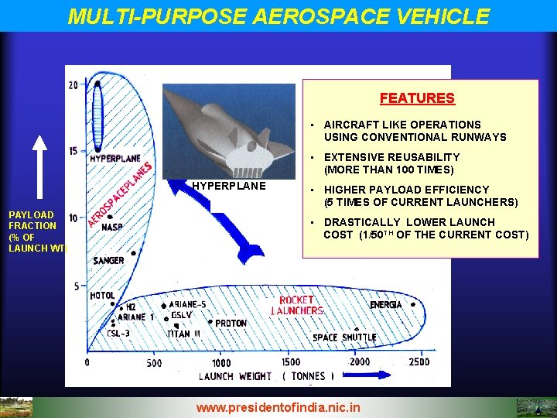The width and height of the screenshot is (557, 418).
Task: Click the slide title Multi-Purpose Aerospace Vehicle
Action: (278, 15)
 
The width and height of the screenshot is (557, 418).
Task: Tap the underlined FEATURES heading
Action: (417, 98)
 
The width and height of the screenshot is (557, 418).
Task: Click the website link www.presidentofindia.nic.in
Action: (278, 406)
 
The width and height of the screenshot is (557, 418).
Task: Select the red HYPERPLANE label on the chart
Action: (115, 159)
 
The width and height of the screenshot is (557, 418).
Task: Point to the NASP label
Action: (112, 228)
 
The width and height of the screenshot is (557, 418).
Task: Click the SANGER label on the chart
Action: (108, 261)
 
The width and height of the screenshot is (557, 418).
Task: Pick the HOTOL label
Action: (102, 296)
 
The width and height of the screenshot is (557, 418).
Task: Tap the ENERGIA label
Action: (385, 305)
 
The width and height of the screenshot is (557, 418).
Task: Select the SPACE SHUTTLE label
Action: (344, 337)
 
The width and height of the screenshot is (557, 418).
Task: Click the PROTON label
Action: (231, 324)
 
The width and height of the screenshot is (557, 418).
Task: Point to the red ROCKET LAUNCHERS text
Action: (296, 305)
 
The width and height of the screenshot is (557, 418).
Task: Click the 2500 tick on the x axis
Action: (419, 362)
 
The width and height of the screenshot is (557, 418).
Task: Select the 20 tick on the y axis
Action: (73, 85)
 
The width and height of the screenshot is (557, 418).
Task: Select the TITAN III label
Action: (183, 334)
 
